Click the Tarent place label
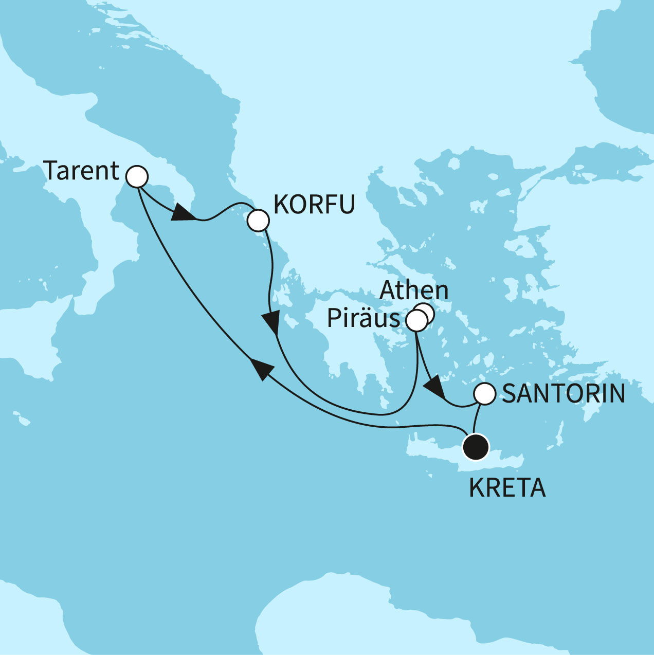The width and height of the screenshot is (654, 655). coord(81,171)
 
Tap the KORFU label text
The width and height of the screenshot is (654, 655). coord(314,205)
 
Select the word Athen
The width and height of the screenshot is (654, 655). coord(414,290)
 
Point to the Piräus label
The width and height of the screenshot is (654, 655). coord(364,319)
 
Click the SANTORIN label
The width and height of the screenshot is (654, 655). coord(564,394)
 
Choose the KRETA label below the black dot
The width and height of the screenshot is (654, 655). coord(507,488)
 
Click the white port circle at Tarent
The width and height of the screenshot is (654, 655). coord(137,177)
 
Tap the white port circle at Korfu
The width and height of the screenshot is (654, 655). coord(258,221)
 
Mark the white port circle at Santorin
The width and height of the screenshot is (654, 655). coord(484,394)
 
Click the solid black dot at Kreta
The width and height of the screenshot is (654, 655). coord(475,447)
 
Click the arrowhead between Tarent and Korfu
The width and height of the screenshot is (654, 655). coord(180,214)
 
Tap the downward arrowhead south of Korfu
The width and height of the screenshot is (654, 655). coord(270,323)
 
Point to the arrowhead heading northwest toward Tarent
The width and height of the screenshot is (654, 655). coord(260,369)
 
